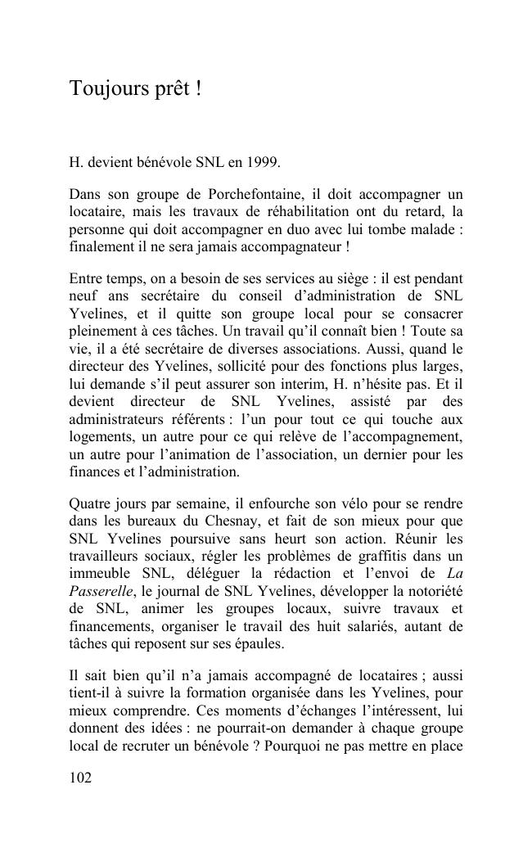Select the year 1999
point(264,162)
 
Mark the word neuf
point(83,296)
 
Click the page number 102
point(81,778)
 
